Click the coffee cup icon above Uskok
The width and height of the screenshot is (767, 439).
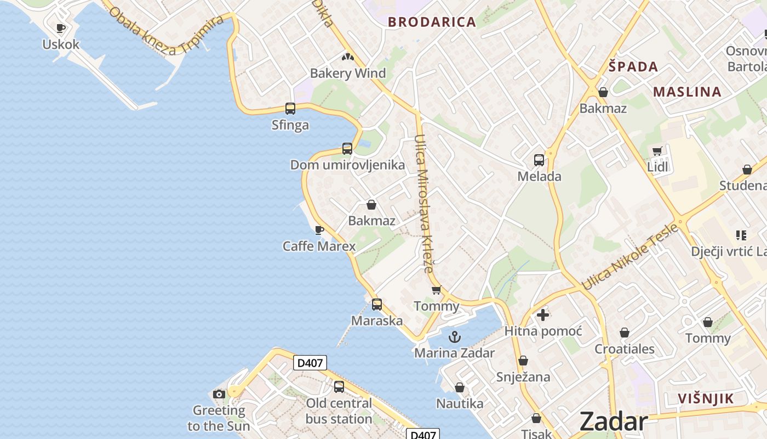pyautogui.click(x=61, y=28)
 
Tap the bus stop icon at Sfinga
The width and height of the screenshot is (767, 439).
pyautogui.click(x=290, y=109)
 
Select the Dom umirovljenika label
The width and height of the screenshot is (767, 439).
pyautogui.click(x=347, y=165)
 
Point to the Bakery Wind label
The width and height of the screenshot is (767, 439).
pyautogui.click(x=348, y=73)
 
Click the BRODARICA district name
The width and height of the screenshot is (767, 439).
pyautogui.click(x=432, y=22)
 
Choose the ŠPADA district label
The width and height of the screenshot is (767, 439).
pyautogui.click(x=633, y=67)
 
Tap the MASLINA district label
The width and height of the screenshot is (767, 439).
pyautogui.click(x=687, y=92)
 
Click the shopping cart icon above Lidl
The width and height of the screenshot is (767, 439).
pyautogui.click(x=657, y=151)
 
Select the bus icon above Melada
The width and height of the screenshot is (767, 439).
pyautogui.click(x=539, y=160)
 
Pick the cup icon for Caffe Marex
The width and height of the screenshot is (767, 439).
pyautogui.click(x=319, y=230)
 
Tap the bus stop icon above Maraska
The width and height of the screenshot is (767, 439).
pyautogui.click(x=377, y=305)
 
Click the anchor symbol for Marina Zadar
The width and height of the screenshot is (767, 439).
pyautogui.click(x=454, y=337)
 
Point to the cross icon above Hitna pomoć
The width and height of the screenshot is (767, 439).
pyautogui.click(x=543, y=315)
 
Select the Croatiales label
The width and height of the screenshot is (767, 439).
pyautogui.click(x=625, y=349)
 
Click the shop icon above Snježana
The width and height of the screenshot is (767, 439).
pyautogui.click(x=523, y=361)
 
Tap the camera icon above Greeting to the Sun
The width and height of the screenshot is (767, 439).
pyautogui.click(x=219, y=394)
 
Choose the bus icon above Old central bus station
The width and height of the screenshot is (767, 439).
pyautogui.click(x=339, y=387)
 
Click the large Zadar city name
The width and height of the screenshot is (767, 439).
pyautogui.click(x=613, y=421)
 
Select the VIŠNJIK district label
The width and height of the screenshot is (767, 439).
pyautogui.click(x=705, y=399)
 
